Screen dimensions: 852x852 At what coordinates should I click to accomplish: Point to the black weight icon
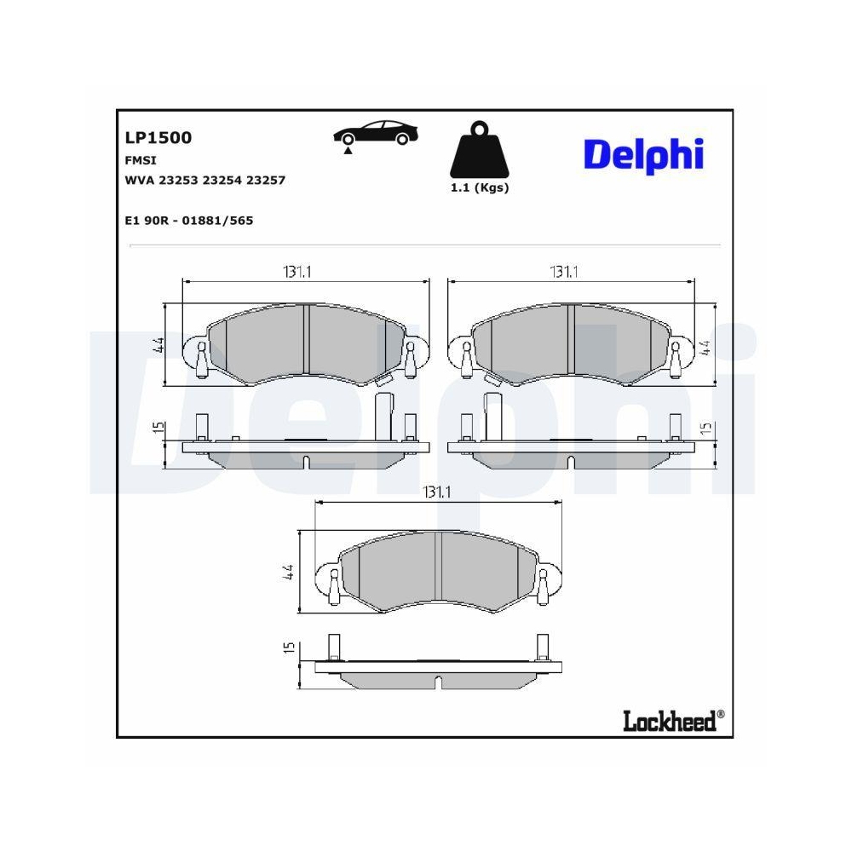[x=479, y=153]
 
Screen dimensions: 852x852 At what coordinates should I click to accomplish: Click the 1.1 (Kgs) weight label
[x=479, y=188]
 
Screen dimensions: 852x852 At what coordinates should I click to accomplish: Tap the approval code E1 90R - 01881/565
[x=188, y=220]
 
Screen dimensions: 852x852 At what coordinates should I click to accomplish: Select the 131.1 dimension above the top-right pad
[x=563, y=272]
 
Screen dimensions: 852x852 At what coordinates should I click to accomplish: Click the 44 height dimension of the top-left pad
[x=158, y=346]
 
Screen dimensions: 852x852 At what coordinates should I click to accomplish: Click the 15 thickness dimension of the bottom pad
[x=288, y=648]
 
